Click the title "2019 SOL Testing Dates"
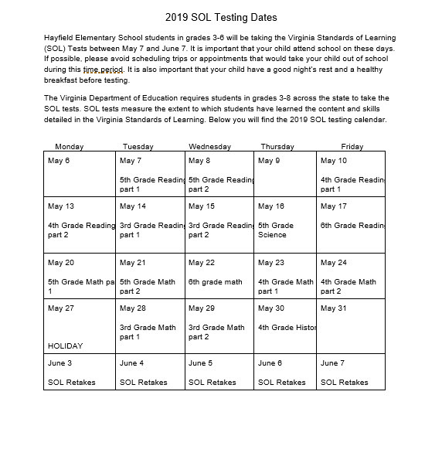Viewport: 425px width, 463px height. (221, 17)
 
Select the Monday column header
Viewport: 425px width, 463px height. (70, 146)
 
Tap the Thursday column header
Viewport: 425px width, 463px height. (277, 146)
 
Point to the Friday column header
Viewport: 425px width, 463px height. (352, 146)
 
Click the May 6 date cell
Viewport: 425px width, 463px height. (59, 161)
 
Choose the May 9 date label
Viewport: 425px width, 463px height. (269, 161)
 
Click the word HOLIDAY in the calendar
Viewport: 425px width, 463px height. (65, 346)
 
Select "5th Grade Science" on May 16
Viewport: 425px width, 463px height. (276, 230)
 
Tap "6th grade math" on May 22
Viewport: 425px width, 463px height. (215, 282)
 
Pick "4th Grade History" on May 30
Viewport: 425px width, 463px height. (287, 328)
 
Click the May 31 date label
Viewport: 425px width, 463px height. (333, 308)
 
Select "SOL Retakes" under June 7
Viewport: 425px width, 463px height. (344, 382)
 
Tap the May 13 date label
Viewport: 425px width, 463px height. (61, 206)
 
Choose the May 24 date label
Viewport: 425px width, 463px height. (333, 263)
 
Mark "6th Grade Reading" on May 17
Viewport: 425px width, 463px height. (352, 225)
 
